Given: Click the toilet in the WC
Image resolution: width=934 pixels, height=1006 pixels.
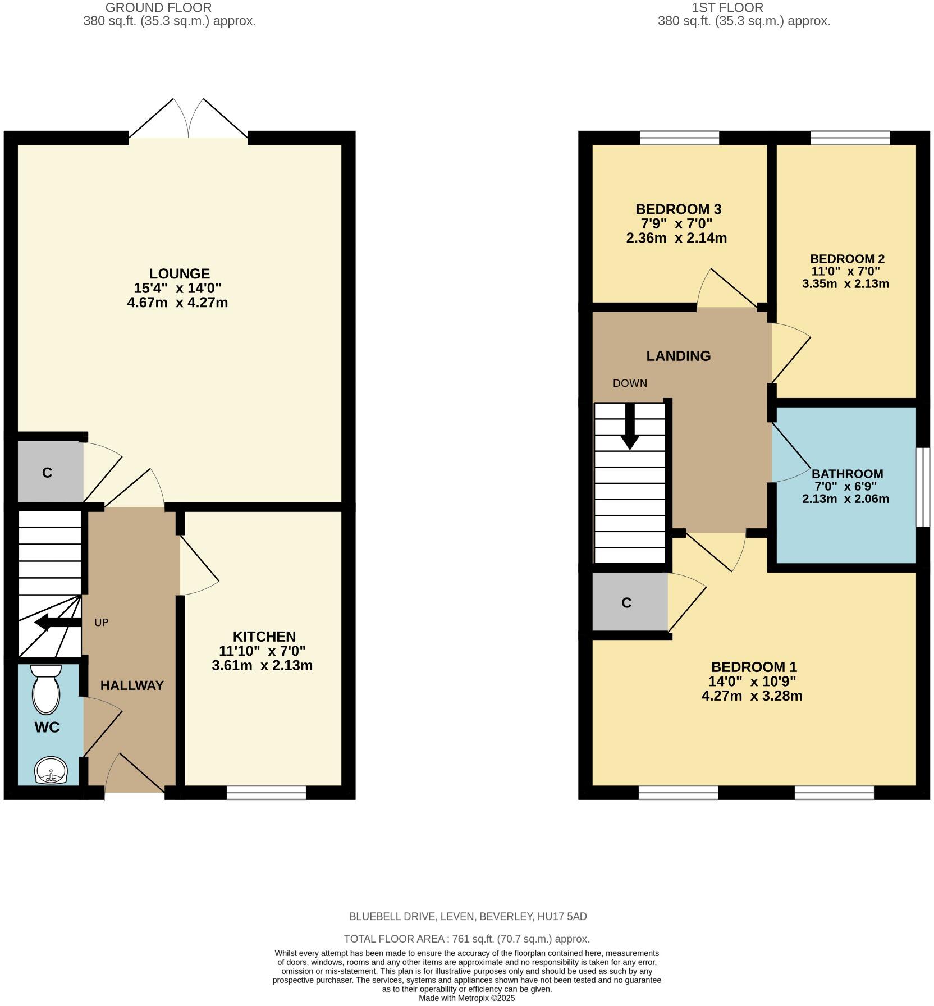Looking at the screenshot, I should click(46, 691).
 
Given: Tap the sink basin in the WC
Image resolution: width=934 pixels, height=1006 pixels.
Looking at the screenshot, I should click(51, 771).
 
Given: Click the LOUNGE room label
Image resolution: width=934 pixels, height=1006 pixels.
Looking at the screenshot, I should click(179, 273).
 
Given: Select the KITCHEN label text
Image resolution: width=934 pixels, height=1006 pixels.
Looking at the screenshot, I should click(264, 637).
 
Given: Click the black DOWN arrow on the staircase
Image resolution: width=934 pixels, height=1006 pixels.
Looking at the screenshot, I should click(630, 426).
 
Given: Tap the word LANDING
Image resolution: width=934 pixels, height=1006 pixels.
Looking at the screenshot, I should click(678, 356).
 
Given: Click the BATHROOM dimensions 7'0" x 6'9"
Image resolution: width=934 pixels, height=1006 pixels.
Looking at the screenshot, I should click(845, 486).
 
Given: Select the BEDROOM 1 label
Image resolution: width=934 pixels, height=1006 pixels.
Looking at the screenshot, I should click(753, 667).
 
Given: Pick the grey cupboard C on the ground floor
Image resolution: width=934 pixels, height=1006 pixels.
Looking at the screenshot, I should click(47, 473).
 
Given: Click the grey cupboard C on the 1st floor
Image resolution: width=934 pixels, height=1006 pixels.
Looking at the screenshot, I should click(627, 603).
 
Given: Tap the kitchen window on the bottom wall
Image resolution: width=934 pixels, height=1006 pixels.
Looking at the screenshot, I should click(267, 792).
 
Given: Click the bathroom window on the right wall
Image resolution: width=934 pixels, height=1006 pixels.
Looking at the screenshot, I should click(923, 487).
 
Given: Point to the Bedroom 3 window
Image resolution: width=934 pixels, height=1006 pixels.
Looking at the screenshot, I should click(679, 138).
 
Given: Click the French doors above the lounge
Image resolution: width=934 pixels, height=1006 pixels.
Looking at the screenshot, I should click(189, 121).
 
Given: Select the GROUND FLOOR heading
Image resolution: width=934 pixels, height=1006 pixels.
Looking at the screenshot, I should click(159, 8).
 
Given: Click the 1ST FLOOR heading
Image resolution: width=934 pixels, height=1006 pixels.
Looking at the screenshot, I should click(727, 8).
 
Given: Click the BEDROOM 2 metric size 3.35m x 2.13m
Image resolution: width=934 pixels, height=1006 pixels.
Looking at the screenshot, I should click(845, 283).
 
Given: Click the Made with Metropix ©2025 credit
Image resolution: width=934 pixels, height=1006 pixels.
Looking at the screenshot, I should click(466, 998).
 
